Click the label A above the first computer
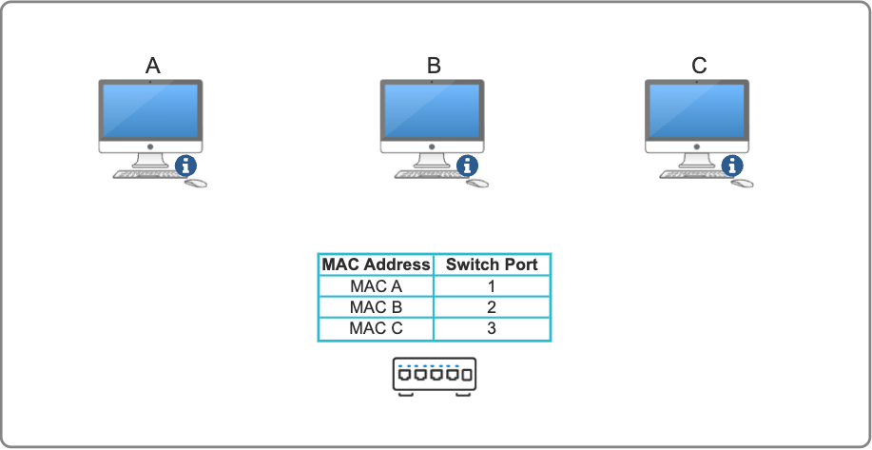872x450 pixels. coord(152,66)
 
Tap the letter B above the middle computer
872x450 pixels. coord(434,66)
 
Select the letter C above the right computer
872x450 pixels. coord(699,66)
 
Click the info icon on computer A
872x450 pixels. coord(184,166)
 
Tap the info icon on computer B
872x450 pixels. coord(467,166)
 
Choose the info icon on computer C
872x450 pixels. coord(731,166)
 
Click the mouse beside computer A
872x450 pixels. coord(196,182)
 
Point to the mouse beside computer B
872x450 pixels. coord(478,182)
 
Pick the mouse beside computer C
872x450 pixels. coord(743,182)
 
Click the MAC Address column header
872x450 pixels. coord(376,264)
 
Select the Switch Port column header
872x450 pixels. coord(492,264)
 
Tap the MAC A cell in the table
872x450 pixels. coord(376,286)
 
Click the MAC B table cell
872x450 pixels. coord(376,307)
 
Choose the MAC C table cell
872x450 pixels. coord(376,328)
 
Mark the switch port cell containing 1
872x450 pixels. coord(492,286)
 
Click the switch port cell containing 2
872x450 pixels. coord(492,307)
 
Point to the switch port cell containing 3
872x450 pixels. coord(492,328)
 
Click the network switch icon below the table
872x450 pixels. coord(434,376)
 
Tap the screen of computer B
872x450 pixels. coord(434,111)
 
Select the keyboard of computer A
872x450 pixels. coord(145,175)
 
